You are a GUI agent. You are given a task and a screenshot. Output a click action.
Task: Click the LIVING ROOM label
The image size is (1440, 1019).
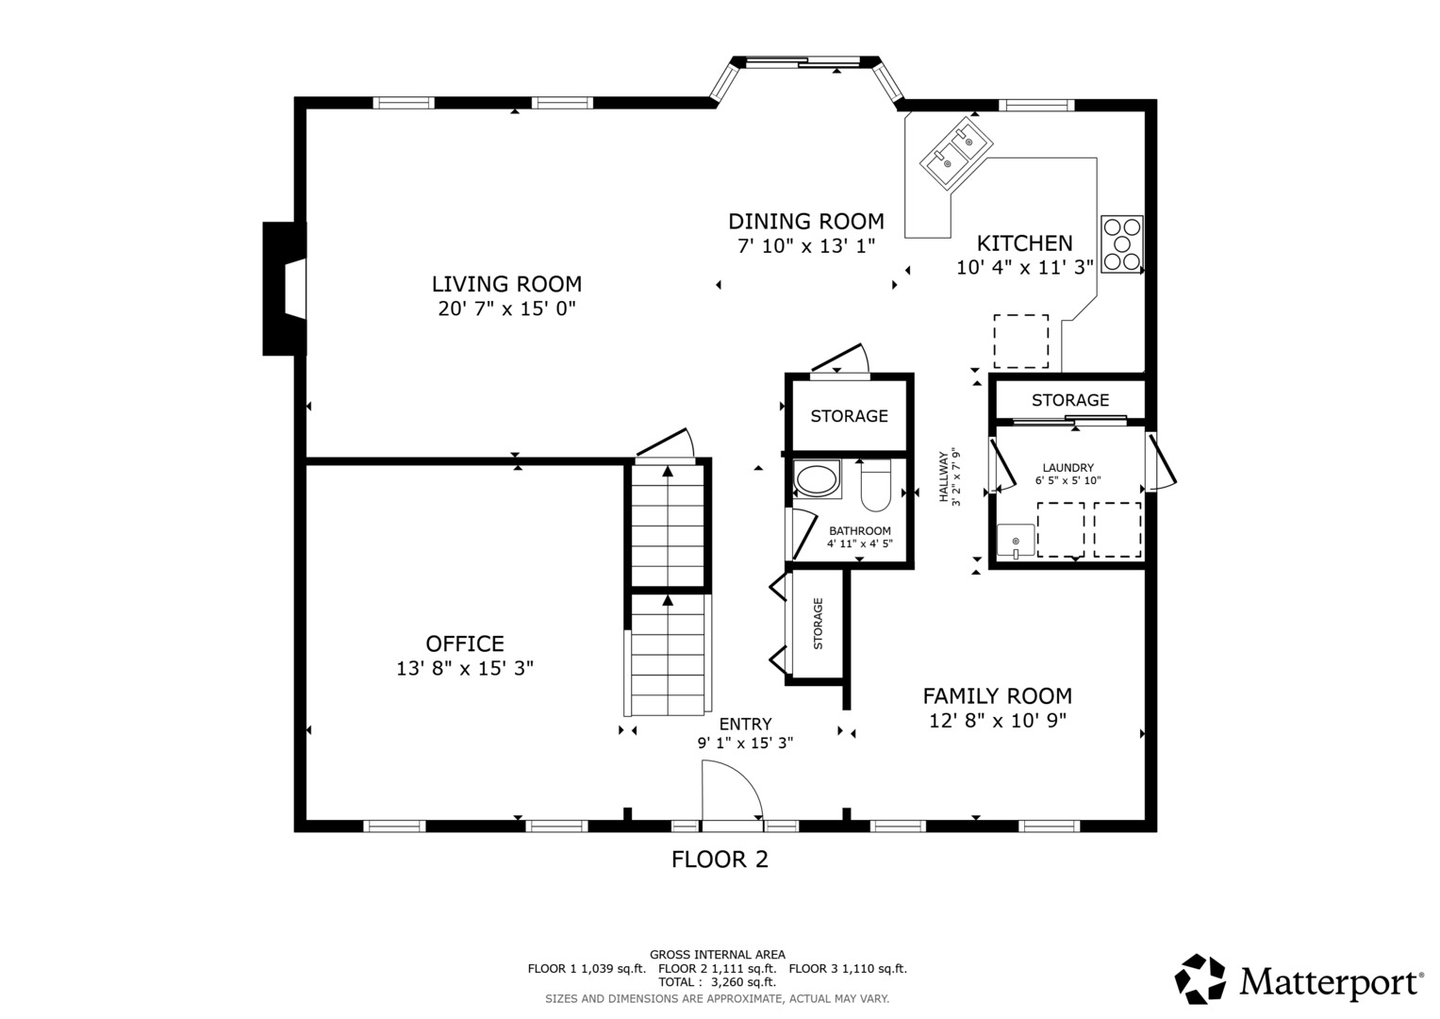click(x=506, y=284)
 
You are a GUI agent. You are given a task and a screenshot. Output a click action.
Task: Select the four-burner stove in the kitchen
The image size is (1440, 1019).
click(x=1122, y=244)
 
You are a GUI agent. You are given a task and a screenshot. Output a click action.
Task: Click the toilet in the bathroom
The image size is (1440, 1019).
click(x=875, y=483)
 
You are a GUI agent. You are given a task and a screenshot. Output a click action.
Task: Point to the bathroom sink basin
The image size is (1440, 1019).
click(x=817, y=479)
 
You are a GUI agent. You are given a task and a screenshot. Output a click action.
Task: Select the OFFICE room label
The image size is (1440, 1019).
click(x=464, y=644)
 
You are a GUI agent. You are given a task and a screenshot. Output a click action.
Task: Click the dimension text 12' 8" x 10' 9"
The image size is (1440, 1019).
click(x=997, y=721)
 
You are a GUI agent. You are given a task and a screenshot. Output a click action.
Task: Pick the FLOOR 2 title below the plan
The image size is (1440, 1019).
click(x=720, y=860)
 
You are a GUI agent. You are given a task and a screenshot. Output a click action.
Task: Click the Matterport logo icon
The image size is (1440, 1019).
click(x=1200, y=979)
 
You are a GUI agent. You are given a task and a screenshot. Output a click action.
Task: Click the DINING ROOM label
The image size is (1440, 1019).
click(x=805, y=222)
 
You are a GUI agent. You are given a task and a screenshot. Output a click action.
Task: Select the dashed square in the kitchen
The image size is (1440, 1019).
click(x=1020, y=342)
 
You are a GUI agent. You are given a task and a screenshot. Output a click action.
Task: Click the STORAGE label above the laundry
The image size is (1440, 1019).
click(x=1069, y=400)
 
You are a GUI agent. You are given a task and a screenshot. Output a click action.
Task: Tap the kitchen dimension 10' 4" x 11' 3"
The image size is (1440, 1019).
click(x=1024, y=267)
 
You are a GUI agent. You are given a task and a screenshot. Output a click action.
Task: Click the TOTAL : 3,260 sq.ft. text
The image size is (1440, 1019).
click(x=717, y=982)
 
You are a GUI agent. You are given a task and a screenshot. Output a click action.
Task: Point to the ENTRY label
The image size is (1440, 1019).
click(x=745, y=725)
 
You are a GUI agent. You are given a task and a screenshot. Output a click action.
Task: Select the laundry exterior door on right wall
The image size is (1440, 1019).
click(x=1160, y=462)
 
